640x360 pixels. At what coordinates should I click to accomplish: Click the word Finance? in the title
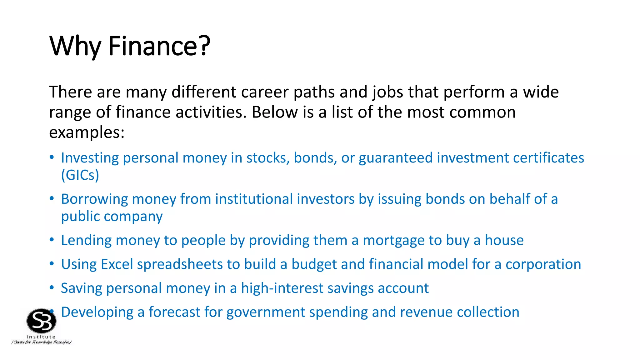(x=159, y=46)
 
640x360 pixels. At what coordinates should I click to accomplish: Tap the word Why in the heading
(x=75, y=46)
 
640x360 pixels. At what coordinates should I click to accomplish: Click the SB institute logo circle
(x=42, y=321)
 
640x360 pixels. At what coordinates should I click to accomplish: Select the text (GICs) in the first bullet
(x=80, y=175)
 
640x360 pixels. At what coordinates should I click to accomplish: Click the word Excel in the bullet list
(x=117, y=264)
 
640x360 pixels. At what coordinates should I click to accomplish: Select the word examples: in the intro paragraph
(x=87, y=132)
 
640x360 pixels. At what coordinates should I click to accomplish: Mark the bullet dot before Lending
(x=52, y=240)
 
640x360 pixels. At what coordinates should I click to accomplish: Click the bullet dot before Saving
(x=52, y=287)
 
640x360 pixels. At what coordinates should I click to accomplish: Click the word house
(x=504, y=240)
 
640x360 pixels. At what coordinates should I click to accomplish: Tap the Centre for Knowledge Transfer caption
(x=42, y=342)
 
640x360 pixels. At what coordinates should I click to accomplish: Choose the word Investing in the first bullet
(x=90, y=158)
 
